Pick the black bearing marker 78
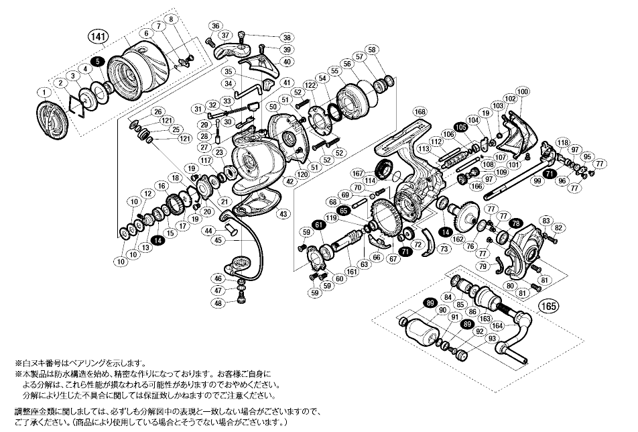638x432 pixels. (x=515, y=223)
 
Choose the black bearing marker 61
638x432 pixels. (x=318, y=226)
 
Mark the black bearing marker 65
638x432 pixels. (x=344, y=211)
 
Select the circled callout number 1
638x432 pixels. (x=43, y=92)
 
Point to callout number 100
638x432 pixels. (x=523, y=91)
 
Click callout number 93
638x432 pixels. (x=474, y=337)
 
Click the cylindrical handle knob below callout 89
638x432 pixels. (x=422, y=333)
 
